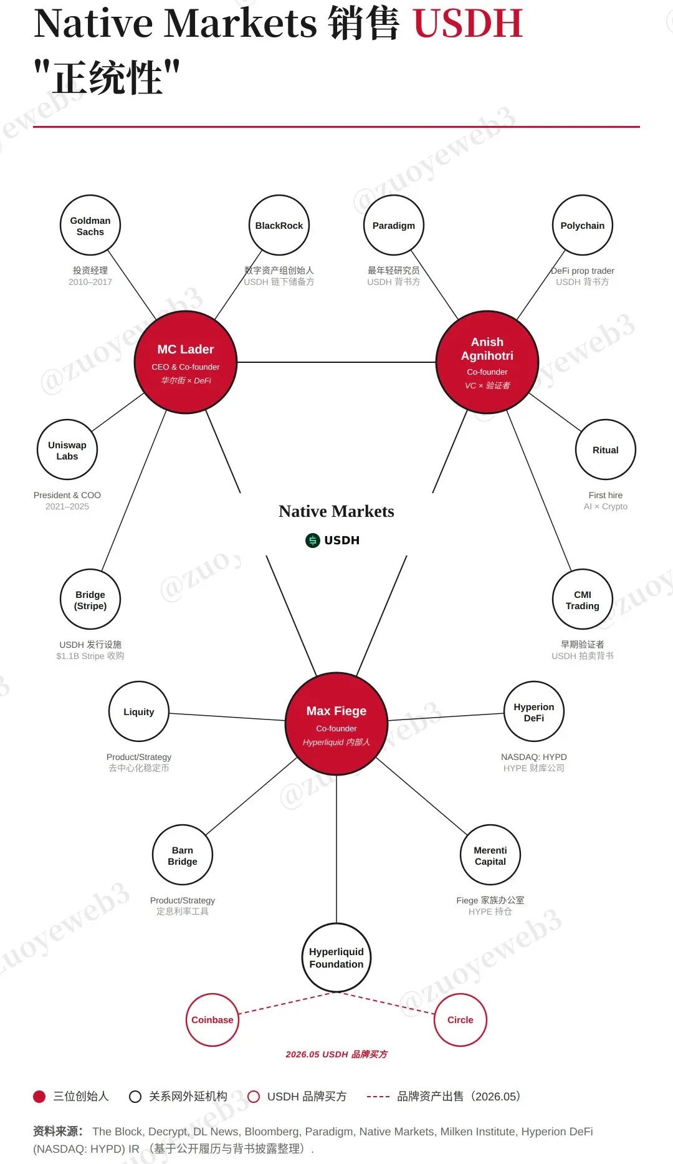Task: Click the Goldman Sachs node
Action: pyautogui.click(x=90, y=225)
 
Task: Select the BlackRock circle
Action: pyautogui.click(x=279, y=225)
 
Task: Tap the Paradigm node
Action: pyautogui.click(x=394, y=225)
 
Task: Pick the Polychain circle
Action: pyautogui.click(x=583, y=225)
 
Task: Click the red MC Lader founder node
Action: pyautogui.click(x=186, y=362)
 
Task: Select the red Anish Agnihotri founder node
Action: pyautogui.click(x=487, y=362)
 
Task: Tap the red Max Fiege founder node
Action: pyautogui.click(x=336, y=724)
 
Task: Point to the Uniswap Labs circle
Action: pyautogui.click(x=67, y=450)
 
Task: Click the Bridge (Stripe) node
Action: pyautogui.click(x=90, y=599)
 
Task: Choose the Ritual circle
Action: pyautogui.click(x=606, y=450)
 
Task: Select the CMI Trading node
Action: pyautogui.click(x=583, y=599)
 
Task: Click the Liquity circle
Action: pyautogui.click(x=139, y=711)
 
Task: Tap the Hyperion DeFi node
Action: pyautogui.click(x=534, y=711)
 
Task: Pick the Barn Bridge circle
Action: pyautogui.click(x=183, y=855)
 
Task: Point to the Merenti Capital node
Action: pyautogui.click(x=490, y=855)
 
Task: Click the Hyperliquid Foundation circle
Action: pyautogui.click(x=336, y=958)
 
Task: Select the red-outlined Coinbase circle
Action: pyautogui.click(x=212, y=1020)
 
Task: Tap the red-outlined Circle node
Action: pyautogui.click(x=461, y=1020)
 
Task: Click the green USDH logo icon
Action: pyautogui.click(x=312, y=541)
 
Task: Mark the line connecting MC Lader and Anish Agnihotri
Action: pyautogui.click(x=336, y=362)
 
